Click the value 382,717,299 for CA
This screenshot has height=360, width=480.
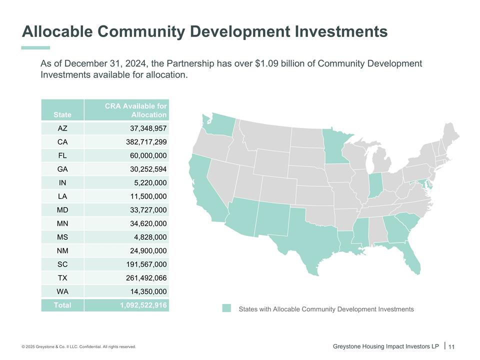(x=146, y=142)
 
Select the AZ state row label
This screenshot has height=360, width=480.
(x=62, y=128)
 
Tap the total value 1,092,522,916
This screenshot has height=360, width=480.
(x=143, y=305)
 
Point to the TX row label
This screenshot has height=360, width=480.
(x=62, y=278)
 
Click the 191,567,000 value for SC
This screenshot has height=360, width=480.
(x=146, y=264)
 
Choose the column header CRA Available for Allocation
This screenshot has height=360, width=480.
(x=135, y=110)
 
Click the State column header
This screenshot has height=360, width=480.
(x=62, y=114)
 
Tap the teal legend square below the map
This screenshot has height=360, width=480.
(x=227, y=308)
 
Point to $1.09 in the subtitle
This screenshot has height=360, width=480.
(x=270, y=64)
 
